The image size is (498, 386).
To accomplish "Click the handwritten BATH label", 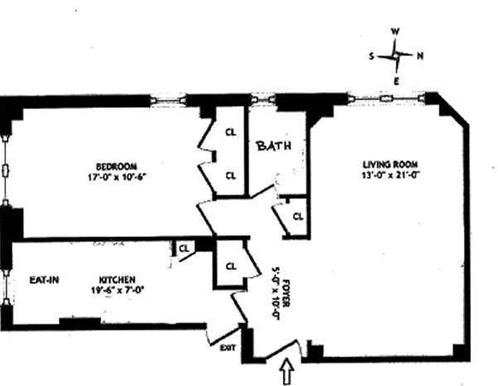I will pos(274,145).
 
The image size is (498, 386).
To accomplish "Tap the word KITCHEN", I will pos(117,280).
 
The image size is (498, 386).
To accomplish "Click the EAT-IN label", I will pos(44,279).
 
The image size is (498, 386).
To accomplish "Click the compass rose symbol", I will pos(395,56).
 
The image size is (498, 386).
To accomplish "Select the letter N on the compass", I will pos(420,56).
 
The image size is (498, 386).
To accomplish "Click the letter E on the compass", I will pos(396,81).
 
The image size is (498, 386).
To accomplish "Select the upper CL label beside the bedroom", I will pos(231,132).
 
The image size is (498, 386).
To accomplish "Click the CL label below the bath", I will pos(298,217).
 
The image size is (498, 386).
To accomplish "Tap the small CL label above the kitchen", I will pos(184,248).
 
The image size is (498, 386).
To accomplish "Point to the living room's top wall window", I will pos(387,98).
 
